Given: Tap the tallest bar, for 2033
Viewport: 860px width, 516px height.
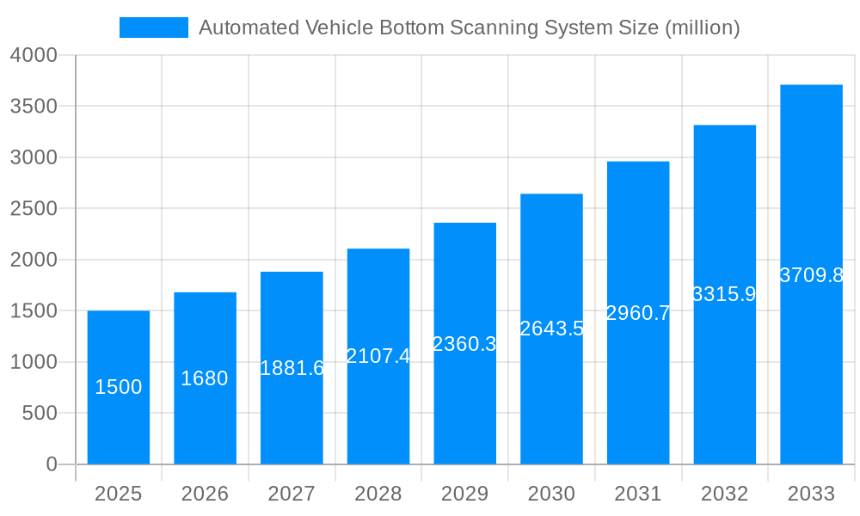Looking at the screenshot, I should [x=811, y=361].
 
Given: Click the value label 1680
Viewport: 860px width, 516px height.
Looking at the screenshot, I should [x=205, y=378].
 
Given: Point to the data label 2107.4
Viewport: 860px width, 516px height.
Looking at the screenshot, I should [x=378, y=356].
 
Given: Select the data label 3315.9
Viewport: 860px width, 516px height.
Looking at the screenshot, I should [x=724, y=294].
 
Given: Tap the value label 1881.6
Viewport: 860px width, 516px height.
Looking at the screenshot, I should [x=292, y=368].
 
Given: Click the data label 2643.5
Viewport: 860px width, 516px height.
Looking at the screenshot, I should [x=551, y=329].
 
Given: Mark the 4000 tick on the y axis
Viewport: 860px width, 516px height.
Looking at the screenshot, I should [x=34, y=55].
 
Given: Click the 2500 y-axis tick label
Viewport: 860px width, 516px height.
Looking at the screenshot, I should [x=34, y=209].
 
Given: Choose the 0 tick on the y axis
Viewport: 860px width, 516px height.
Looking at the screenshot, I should [x=51, y=464].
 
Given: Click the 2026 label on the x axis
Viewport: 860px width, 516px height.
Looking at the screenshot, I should [x=205, y=494].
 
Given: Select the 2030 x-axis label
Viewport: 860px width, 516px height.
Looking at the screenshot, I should [x=551, y=494].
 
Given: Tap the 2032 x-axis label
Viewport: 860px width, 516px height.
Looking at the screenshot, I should [x=724, y=494].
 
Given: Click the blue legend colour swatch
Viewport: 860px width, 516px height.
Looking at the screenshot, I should [x=153, y=28].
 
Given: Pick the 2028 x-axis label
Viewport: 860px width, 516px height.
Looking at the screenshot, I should [x=378, y=494].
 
